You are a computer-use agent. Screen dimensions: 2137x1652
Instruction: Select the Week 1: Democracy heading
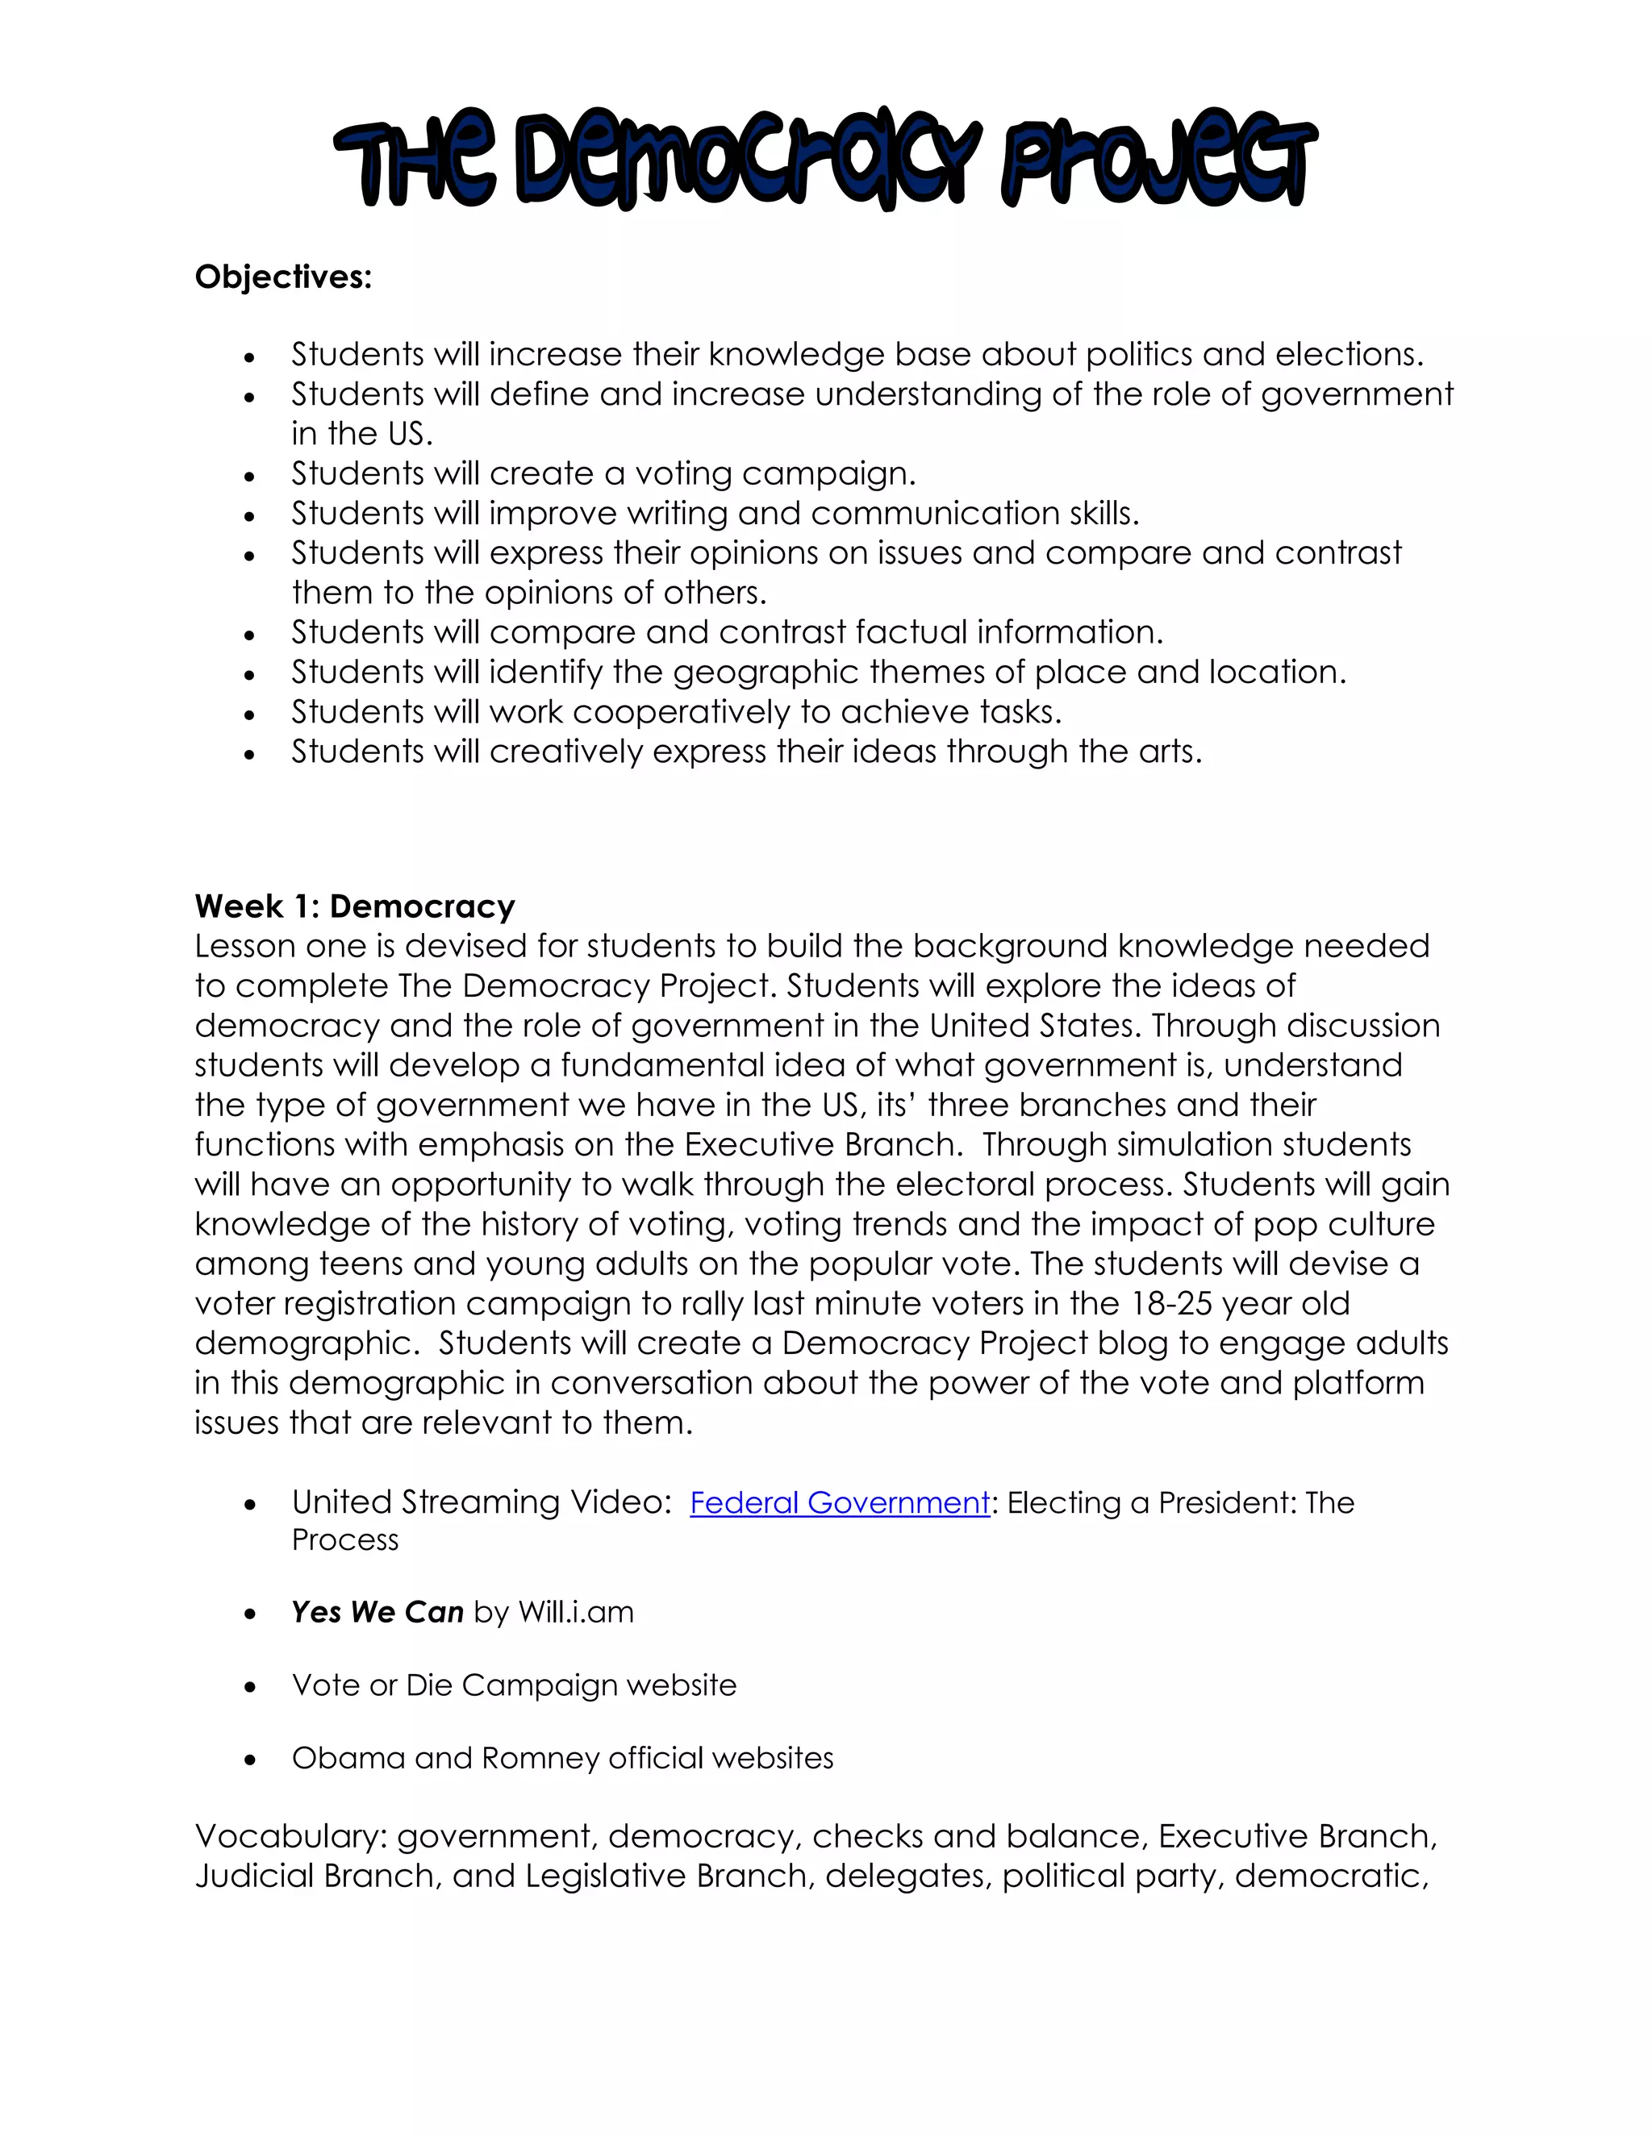click(354, 906)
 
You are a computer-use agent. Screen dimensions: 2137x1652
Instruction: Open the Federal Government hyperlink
click(840, 1502)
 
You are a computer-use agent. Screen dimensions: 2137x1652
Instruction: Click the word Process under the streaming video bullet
click(344, 1540)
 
